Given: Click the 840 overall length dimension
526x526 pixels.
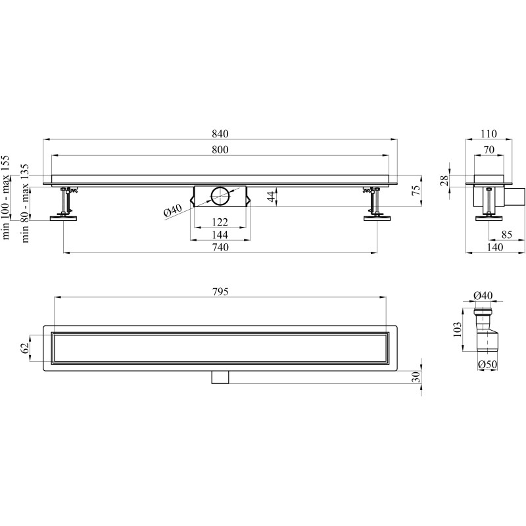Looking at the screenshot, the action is (220, 133).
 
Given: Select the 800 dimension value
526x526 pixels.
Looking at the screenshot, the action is (220, 149).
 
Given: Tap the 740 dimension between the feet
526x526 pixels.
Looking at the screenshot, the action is (220, 247).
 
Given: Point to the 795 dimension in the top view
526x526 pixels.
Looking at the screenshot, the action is (220, 291).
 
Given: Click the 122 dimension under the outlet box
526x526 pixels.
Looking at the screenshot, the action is (220, 222).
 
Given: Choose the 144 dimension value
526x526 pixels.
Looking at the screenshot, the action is (220, 235).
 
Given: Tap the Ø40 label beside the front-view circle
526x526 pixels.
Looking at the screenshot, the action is (173, 210).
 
